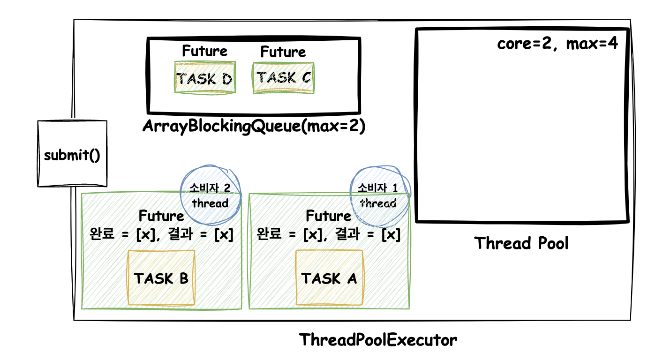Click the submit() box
click(72, 154)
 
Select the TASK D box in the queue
click(205, 77)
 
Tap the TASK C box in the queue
click(284, 78)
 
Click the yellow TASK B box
click(161, 277)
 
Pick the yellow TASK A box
click(329, 277)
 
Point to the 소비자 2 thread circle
click(211, 195)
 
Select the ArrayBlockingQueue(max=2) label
click(254, 126)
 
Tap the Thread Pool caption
click(521, 243)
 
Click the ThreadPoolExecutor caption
click(378, 339)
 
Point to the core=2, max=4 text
click(558, 44)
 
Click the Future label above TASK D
click(205, 51)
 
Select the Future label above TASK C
click(283, 52)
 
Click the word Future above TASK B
click(161, 216)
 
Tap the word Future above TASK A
click(329, 216)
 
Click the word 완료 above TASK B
click(102, 234)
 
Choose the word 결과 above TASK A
click(347, 234)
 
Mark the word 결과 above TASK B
click(180, 234)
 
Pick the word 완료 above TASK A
click(269, 234)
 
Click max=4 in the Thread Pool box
click(592, 44)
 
